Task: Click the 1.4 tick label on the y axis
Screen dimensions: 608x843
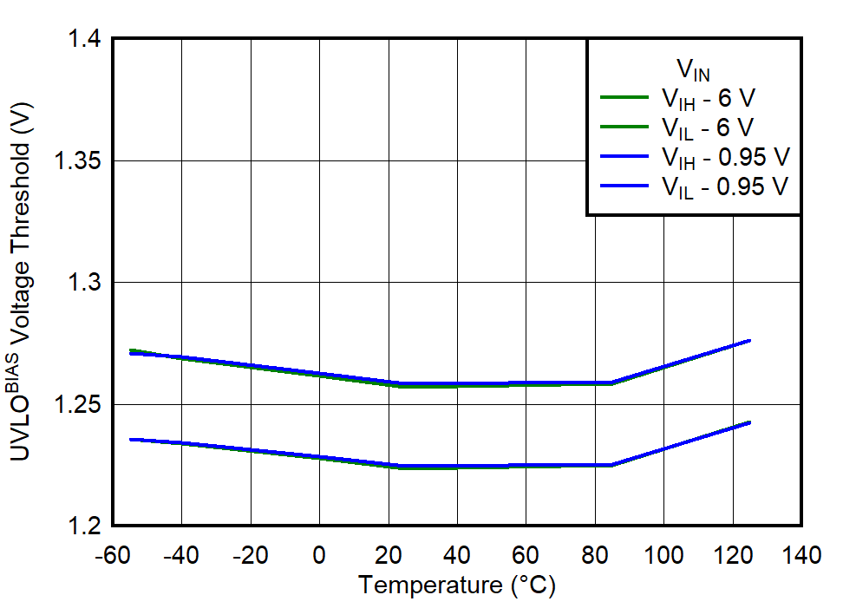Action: (x=83, y=40)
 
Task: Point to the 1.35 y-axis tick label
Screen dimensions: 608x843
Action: (x=76, y=161)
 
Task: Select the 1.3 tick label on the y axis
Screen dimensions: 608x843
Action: (x=83, y=283)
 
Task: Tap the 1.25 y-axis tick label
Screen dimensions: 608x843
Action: (x=76, y=404)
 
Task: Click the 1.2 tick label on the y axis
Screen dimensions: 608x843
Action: (x=83, y=526)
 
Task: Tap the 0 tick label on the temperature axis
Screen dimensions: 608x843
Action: (x=319, y=556)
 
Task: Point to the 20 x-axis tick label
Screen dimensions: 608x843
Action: (x=388, y=556)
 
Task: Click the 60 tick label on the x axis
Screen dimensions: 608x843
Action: (x=526, y=556)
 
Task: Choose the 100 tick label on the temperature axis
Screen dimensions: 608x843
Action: (x=663, y=556)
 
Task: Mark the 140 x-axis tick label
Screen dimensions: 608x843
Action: (x=801, y=556)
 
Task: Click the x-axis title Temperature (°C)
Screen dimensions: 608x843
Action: (x=457, y=585)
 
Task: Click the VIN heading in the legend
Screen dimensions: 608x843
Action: (x=693, y=69)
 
